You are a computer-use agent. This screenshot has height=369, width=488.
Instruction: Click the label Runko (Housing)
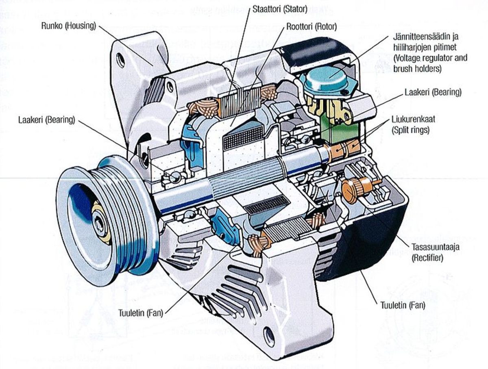click(x=68, y=26)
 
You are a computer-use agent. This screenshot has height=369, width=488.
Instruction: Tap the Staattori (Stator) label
click(x=280, y=9)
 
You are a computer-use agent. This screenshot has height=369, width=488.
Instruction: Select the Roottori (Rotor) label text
click(x=312, y=27)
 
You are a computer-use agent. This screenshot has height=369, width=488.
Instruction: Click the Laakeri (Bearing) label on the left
click(x=46, y=120)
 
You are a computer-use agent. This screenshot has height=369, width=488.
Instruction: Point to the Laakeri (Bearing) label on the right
click(x=433, y=92)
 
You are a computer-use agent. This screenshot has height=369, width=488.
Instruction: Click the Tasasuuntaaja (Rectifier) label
click(x=432, y=252)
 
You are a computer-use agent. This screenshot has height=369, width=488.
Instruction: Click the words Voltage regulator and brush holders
click(x=430, y=63)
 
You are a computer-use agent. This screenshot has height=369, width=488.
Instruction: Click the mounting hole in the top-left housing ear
click(x=120, y=60)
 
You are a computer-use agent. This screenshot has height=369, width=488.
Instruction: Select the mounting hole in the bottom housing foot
click(x=269, y=336)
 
